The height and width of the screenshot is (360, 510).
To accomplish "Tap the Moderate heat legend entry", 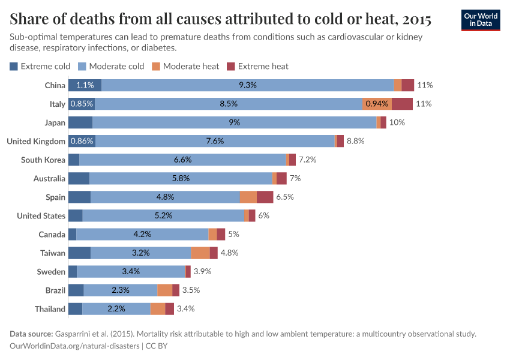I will pyautogui.click(x=185, y=66).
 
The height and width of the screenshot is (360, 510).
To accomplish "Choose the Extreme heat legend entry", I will pyautogui.click(x=257, y=66).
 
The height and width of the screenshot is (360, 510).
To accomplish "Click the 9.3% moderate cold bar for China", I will pyautogui.click(x=247, y=85).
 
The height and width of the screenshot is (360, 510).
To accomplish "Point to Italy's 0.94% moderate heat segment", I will pyautogui.click(x=377, y=104).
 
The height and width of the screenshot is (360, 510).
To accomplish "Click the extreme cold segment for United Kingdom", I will pyautogui.click(x=82, y=141).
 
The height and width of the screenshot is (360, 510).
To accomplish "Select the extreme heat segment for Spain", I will pyautogui.click(x=265, y=197).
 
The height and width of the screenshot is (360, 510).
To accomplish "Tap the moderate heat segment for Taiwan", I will pyautogui.click(x=200, y=253).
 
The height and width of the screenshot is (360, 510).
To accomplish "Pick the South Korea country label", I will pyautogui.click(x=43, y=160).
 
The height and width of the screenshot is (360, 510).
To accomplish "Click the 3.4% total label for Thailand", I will pyautogui.click(x=185, y=309).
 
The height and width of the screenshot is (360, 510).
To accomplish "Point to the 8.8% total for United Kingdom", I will pyautogui.click(x=355, y=141).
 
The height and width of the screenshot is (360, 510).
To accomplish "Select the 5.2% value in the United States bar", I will pyautogui.click(x=163, y=215).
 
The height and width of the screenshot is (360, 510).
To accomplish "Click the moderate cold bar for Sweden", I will pyautogui.click(x=131, y=271).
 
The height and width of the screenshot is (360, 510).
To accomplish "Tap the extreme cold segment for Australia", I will pyautogui.click(x=79, y=178).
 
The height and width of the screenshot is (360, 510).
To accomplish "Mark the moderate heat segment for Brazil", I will pyautogui.click(x=164, y=290).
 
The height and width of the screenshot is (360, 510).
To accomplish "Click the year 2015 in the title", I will pyautogui.click(x=413, y=19).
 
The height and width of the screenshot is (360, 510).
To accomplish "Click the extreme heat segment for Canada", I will pyautogui.click(x=221, y=234).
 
